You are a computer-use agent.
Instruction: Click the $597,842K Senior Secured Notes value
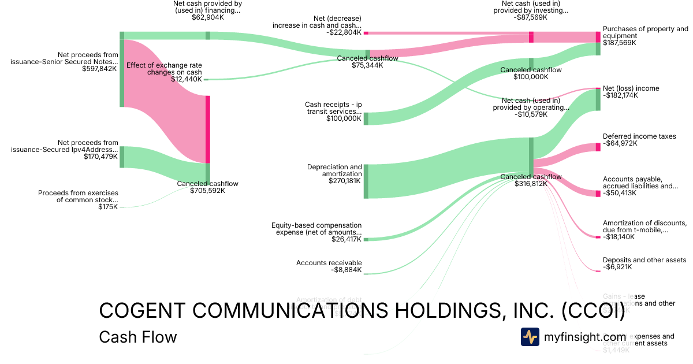[102, 69]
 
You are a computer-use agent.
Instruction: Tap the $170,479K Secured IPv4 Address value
[102, 157]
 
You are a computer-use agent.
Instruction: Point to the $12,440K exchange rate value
[187, 80]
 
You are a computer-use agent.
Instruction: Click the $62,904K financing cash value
[207, 18]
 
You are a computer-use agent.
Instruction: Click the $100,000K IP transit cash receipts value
[344, 119]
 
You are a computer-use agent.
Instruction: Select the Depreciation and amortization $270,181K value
[345, 181]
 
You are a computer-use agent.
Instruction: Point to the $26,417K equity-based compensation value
[346, 239]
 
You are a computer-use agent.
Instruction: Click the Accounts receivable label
[329, 263]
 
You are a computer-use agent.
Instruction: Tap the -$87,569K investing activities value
[531, 18]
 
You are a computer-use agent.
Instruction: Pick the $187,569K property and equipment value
[620, 43]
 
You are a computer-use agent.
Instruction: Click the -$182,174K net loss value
[620, 96]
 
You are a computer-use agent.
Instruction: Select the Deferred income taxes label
[631, 136]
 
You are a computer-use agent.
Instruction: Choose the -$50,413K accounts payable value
[620, 194]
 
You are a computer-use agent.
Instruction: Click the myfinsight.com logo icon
[530, 337]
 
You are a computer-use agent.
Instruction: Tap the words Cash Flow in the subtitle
[137, 337]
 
